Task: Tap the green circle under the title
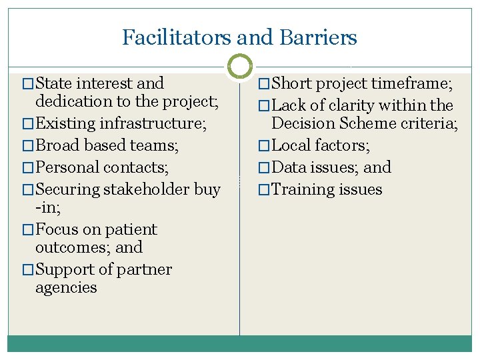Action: click(240, 65)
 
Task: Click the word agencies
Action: click(66, 289)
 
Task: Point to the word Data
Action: click(289, 167)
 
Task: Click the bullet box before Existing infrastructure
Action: click(27, 124)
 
